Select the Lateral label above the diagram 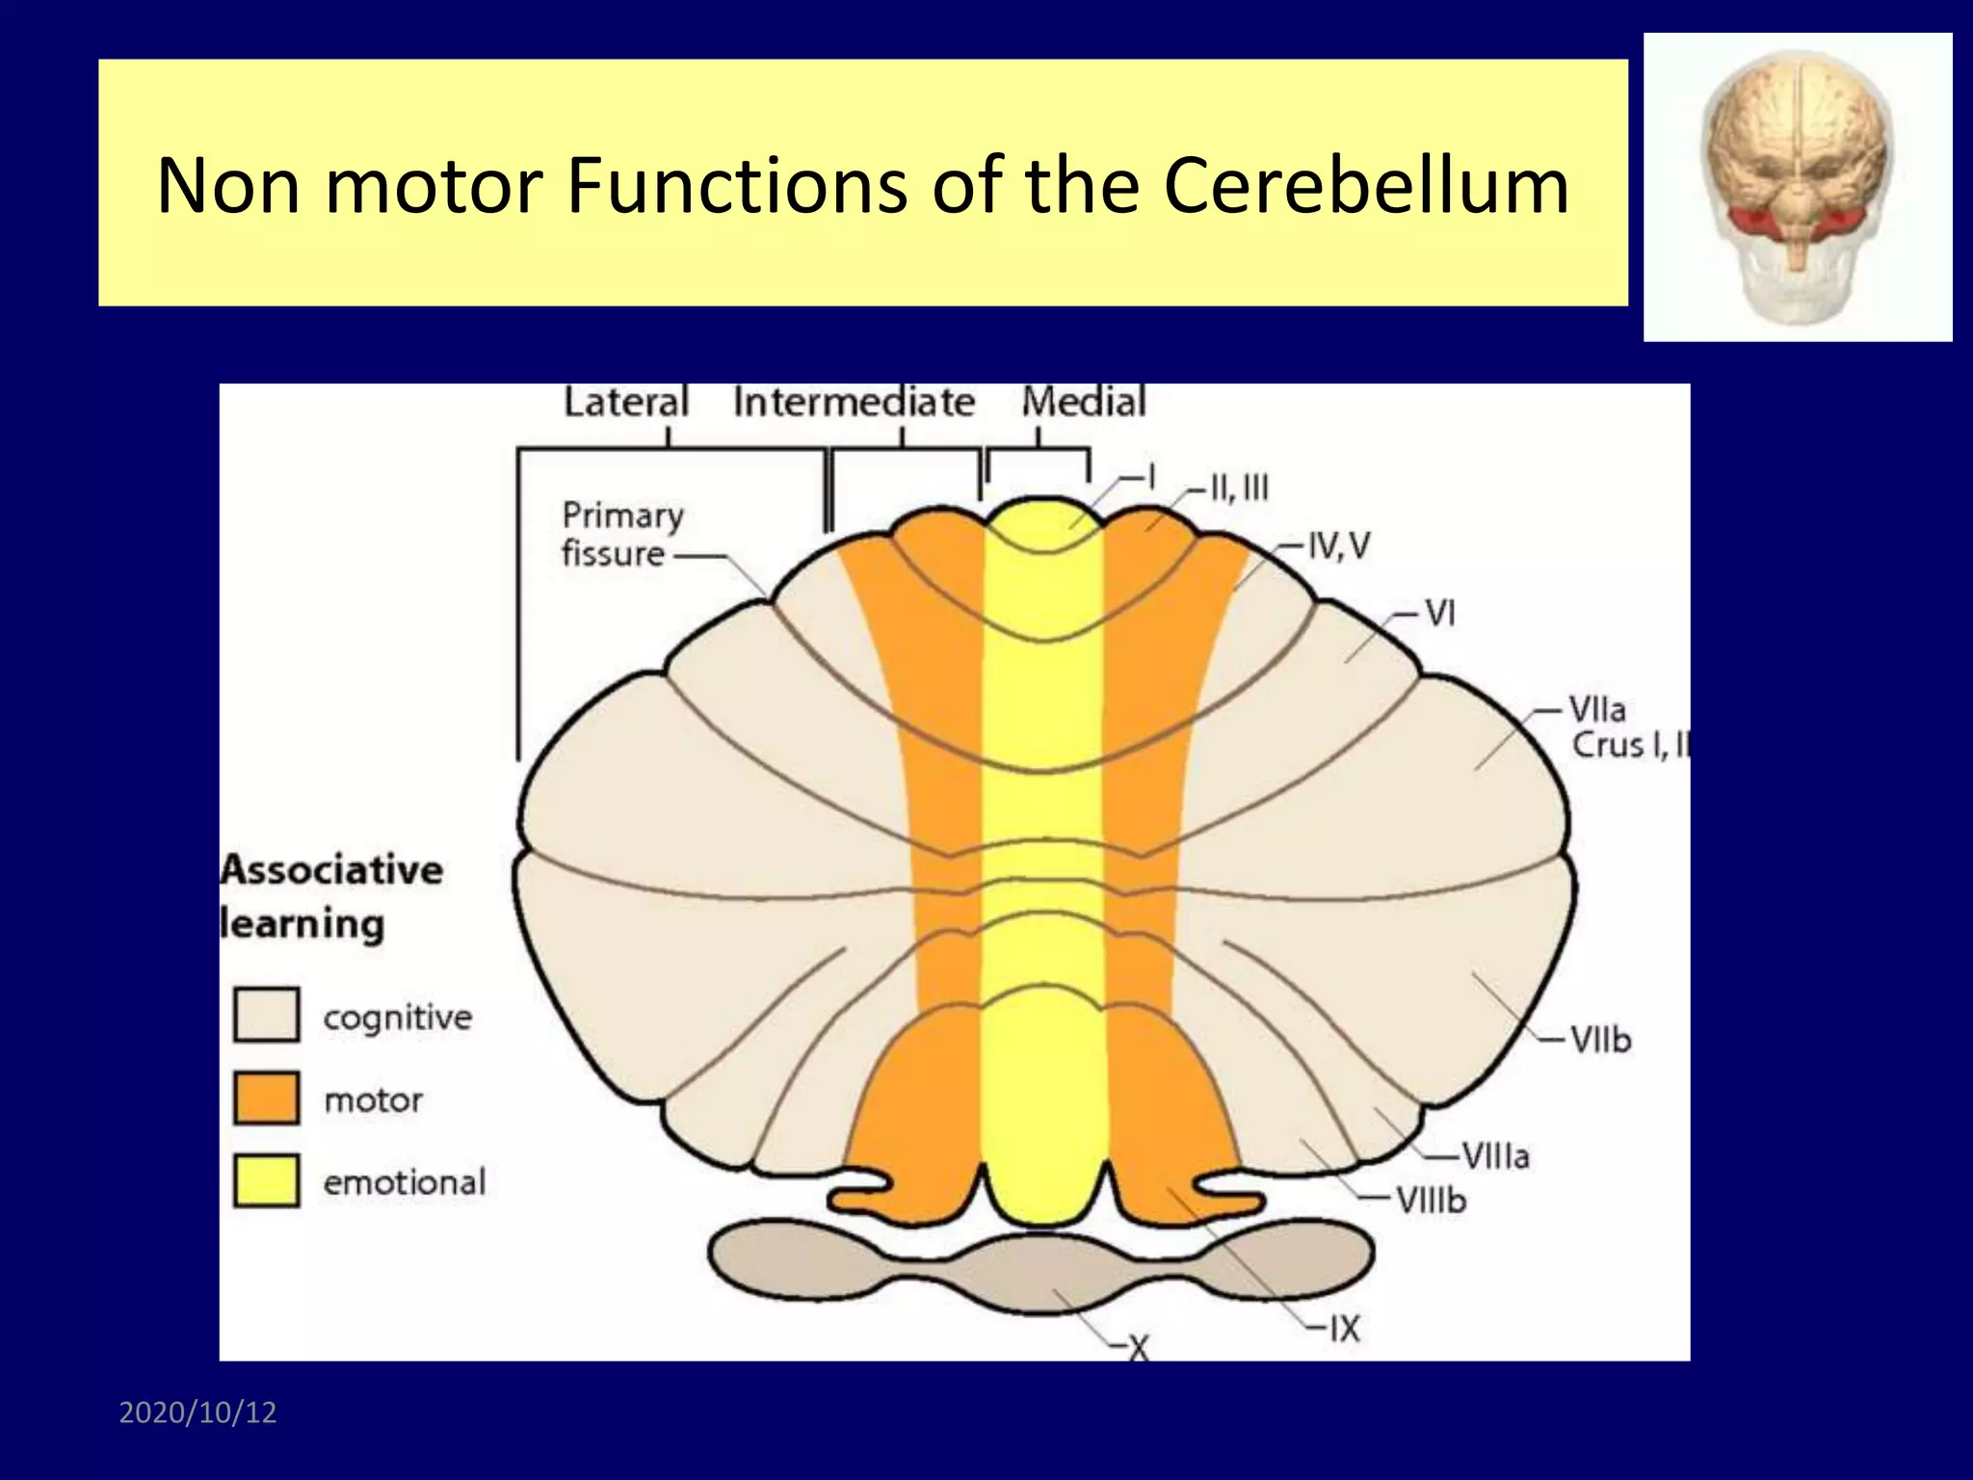click(x=626, y=402)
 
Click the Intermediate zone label click(x=854, y=402)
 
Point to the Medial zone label click(x=1084, y=402)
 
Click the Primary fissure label click(x=621, y=534)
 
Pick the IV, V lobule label click(x=1338, y=546)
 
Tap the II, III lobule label click(x=1239, y=489)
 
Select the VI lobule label click(x=1439, y=613)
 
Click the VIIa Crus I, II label click(x=1626, y=727)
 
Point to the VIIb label click(x=1600, y=1040)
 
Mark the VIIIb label click(x=1431, y=1200)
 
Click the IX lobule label click(x=1344, y=1329)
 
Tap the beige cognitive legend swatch click(x=266, y=1015)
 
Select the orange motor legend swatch click(x=266, y=1097)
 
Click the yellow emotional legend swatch click(x=266, y=1180)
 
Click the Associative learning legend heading click(x=330, y=896)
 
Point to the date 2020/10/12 click(x=197, y=1413)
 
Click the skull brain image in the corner click(x=1798, y=187)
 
